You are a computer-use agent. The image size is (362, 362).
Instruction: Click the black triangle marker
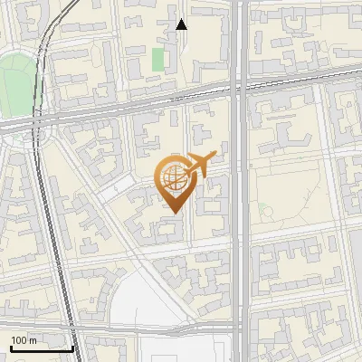(x=181, y=24)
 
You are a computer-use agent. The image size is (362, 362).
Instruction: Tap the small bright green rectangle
(x=158, y=61)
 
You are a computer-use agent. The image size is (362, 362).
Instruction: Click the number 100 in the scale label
(x=18, y=340)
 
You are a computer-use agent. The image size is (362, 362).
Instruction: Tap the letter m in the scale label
(x=33, y=340)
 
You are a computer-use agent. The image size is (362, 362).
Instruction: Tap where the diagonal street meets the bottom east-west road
(x=195, y=324)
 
